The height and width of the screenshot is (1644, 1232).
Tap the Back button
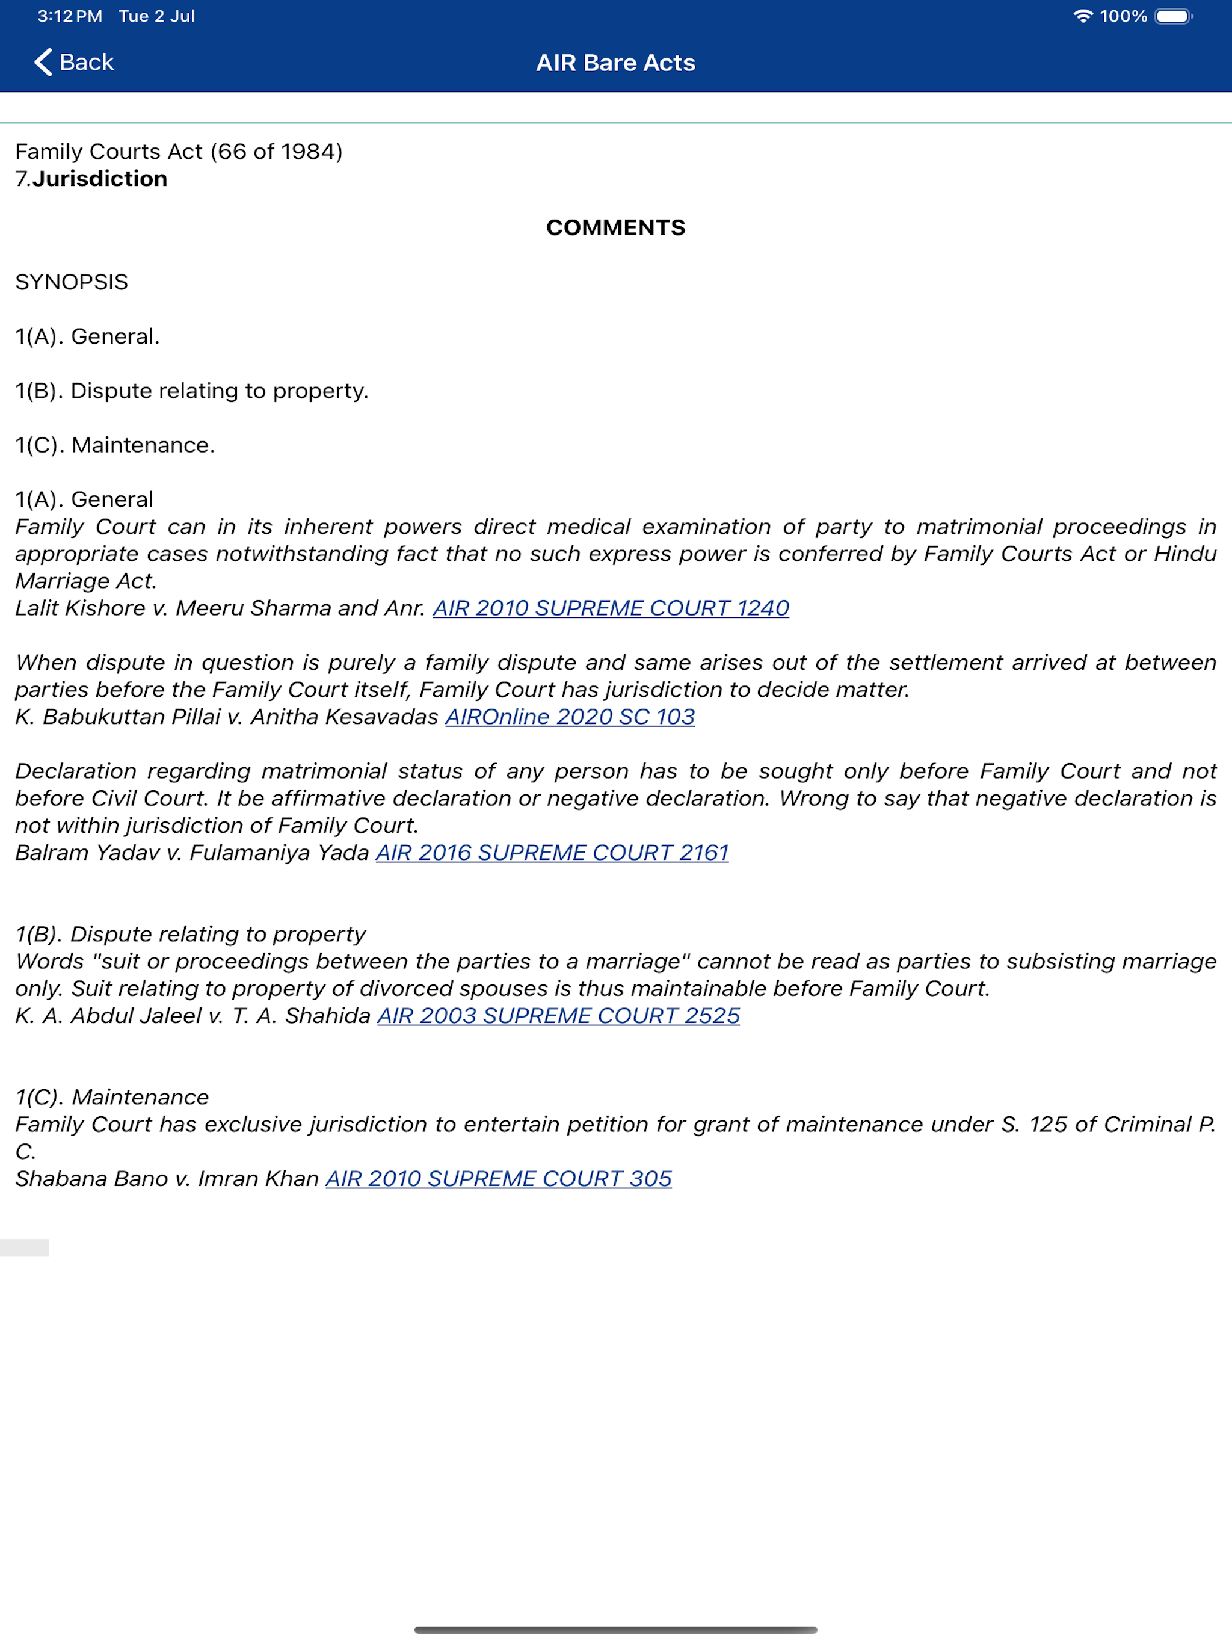75,63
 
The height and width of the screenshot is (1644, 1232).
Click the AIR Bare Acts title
615,63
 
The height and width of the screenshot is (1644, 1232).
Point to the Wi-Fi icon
1083,16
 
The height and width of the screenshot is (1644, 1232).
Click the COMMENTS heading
615,227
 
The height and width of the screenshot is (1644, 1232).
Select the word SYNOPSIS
72,282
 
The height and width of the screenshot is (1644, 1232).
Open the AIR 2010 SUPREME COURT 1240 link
611,608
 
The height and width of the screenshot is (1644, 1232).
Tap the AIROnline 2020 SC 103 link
570,717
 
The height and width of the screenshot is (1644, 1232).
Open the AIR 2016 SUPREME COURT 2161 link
552,853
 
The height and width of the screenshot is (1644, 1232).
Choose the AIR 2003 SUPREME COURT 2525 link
559,1015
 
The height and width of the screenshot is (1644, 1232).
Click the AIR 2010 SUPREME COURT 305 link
499,1178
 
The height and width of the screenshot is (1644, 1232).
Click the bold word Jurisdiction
100,179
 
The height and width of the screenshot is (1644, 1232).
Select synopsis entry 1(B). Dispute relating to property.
192,391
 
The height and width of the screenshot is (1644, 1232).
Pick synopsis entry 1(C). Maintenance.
115,445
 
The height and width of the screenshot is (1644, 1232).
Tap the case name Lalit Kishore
80,608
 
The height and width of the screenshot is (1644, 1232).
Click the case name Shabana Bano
91,1178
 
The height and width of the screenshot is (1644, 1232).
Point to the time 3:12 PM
70,16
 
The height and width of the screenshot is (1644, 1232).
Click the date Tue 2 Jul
157,16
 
